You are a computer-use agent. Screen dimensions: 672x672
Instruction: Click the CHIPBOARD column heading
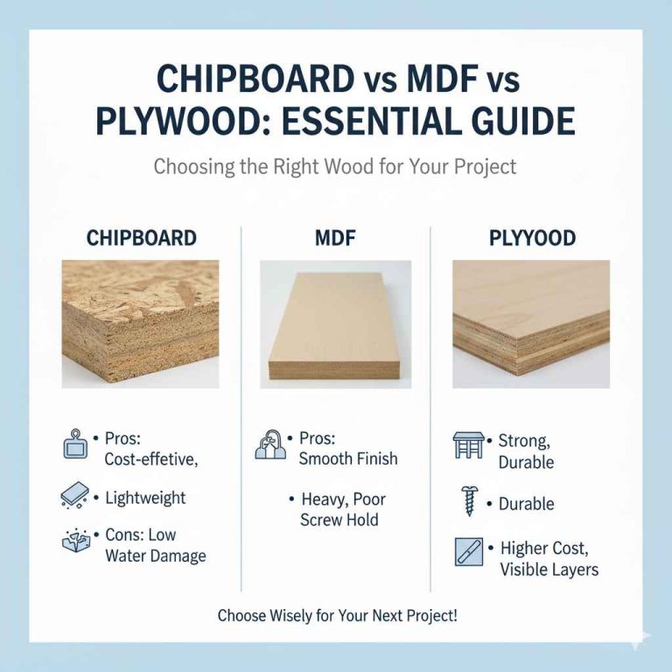pyautogui.click(x=141, y=238)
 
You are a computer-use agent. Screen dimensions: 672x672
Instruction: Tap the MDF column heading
pyautogui.click(x=335, y=238)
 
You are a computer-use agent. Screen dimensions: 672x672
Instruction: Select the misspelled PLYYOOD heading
pyautogui.click(x=531, y=238)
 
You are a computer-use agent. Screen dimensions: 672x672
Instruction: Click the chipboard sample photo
pyautogui.click(x=141, y=324)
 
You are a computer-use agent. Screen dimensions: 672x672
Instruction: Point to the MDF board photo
pyautogui.click(x=335, y=324)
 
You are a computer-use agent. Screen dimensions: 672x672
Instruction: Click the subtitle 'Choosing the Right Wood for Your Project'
pyautogui.click(x=335, y=165)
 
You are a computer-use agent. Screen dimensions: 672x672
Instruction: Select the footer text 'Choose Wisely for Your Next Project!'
pyautogui.click(x=337, y=615)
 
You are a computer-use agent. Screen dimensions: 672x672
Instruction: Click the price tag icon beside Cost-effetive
pyautogui.click(x=76, y=444)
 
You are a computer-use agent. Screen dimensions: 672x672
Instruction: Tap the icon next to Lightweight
pyautogui.click(x=74, y=496)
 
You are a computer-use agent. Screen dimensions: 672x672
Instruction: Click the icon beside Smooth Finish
pyautogui.click(x=269, y=444)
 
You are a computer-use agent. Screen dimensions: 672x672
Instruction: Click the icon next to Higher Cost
pyautogui.click(x=468, y=552)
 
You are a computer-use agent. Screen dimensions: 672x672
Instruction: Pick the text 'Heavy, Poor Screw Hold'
pyautogui.click(x=339, y=509)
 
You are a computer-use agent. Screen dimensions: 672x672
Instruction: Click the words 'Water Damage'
pyautogui.click(x=155, y=556)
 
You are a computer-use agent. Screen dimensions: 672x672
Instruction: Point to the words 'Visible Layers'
pyautogui.click(x=549, y=570)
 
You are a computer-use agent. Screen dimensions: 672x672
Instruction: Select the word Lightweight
pyautogui.click(x=145, y=498)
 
